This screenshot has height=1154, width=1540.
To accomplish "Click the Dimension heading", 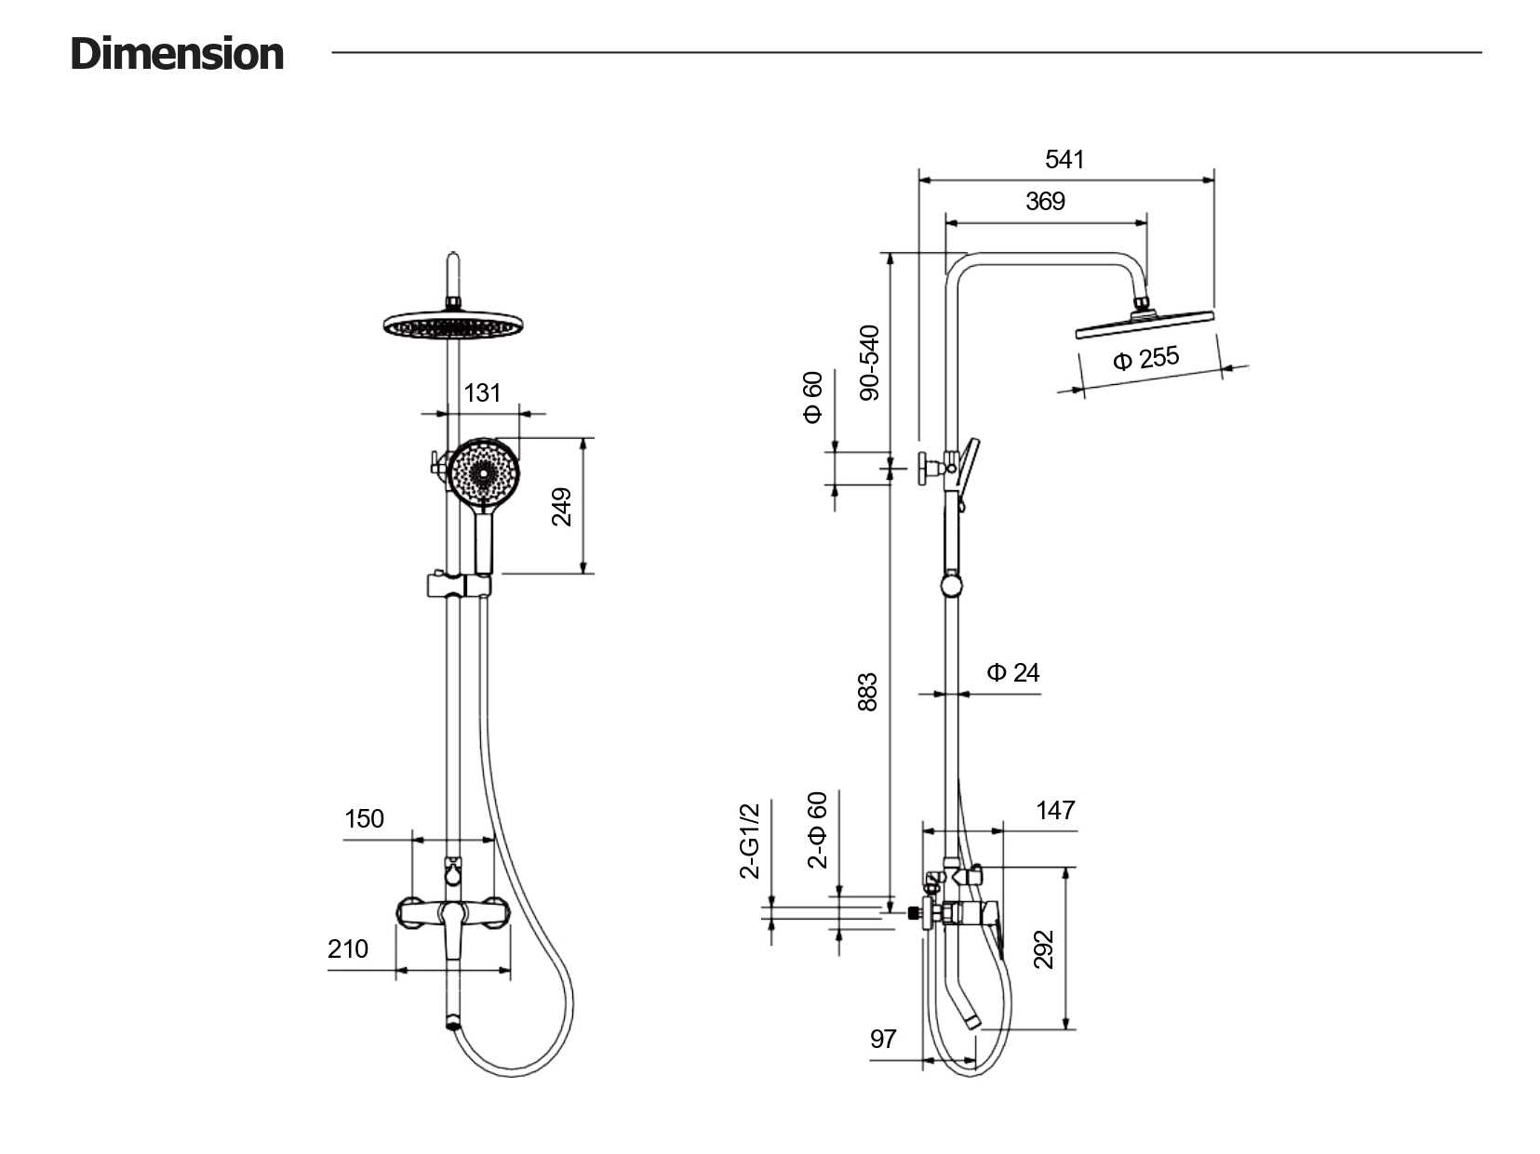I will click(177, 54).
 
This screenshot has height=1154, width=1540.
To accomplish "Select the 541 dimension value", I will click(1065, 159).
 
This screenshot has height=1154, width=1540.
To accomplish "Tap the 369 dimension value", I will click(1045, 201).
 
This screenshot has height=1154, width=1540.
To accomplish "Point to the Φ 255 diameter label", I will click(1145, 358).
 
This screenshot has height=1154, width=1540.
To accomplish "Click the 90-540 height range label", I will click(869, 363).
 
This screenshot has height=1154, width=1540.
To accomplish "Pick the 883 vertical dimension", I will click(867, 692).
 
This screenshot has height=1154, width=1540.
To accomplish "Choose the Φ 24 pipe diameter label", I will click(1013, 672).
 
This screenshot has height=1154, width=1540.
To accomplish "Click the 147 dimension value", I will click(1055, 810).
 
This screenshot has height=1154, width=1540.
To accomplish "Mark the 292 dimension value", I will click(1044, 948).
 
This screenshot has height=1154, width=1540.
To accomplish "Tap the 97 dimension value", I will click(883, 1038).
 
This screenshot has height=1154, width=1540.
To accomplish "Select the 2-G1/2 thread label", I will click(750, 841).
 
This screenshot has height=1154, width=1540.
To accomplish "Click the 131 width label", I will click(482, 392).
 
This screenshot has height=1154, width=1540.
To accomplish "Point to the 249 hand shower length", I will click(561, 507).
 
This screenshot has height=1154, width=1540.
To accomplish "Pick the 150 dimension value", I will click(364, 818).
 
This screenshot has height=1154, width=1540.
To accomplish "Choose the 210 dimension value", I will click(348, 948).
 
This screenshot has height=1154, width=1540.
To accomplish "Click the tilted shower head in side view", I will click(1145, 323).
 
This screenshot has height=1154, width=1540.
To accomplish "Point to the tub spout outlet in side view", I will click(971, 1021).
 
